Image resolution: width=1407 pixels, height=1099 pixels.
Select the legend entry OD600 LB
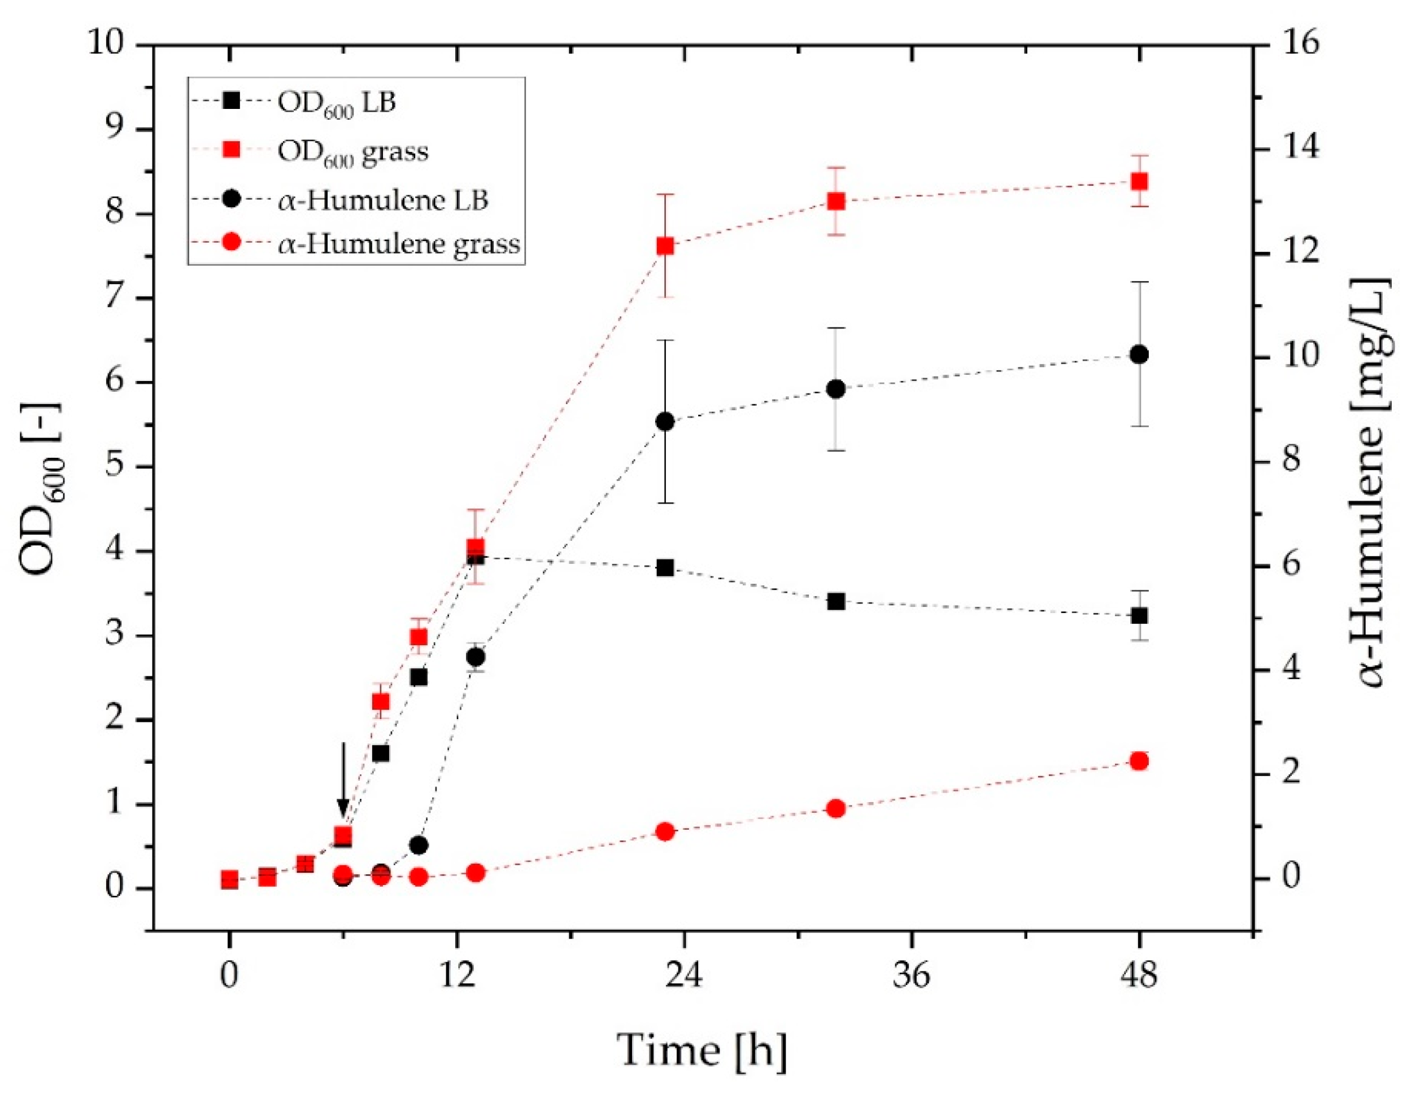pos(335,102)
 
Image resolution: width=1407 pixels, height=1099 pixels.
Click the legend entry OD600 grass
pos(352,151)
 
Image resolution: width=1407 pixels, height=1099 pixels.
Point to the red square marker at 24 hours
pos(665,246)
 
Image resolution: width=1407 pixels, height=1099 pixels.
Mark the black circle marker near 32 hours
pos(836,389)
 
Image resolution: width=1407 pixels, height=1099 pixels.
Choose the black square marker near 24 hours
pos(665,568)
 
